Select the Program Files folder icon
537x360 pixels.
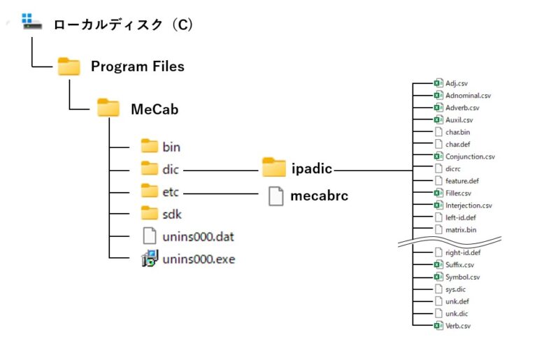69,66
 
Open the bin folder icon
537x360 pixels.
150,146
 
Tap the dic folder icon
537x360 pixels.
150,168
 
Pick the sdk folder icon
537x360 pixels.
150,213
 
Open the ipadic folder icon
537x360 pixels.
273,168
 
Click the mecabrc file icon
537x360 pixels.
276,196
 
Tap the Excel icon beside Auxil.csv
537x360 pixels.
438,120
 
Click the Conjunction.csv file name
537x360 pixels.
470,157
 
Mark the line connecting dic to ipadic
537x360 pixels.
222,169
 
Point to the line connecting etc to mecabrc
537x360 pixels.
222,192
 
